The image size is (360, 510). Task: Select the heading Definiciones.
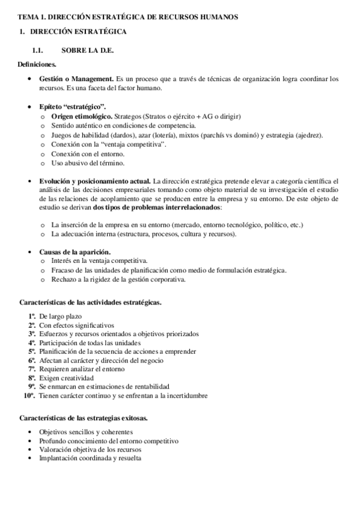coord(37,64)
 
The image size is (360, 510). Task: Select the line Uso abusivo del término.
coord(88,164)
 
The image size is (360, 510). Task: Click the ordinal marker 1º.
coord(31,316)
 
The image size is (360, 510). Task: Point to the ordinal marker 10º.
coord(29,396)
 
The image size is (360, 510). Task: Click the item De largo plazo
coord(61,316)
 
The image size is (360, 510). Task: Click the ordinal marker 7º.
coord(31,369)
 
